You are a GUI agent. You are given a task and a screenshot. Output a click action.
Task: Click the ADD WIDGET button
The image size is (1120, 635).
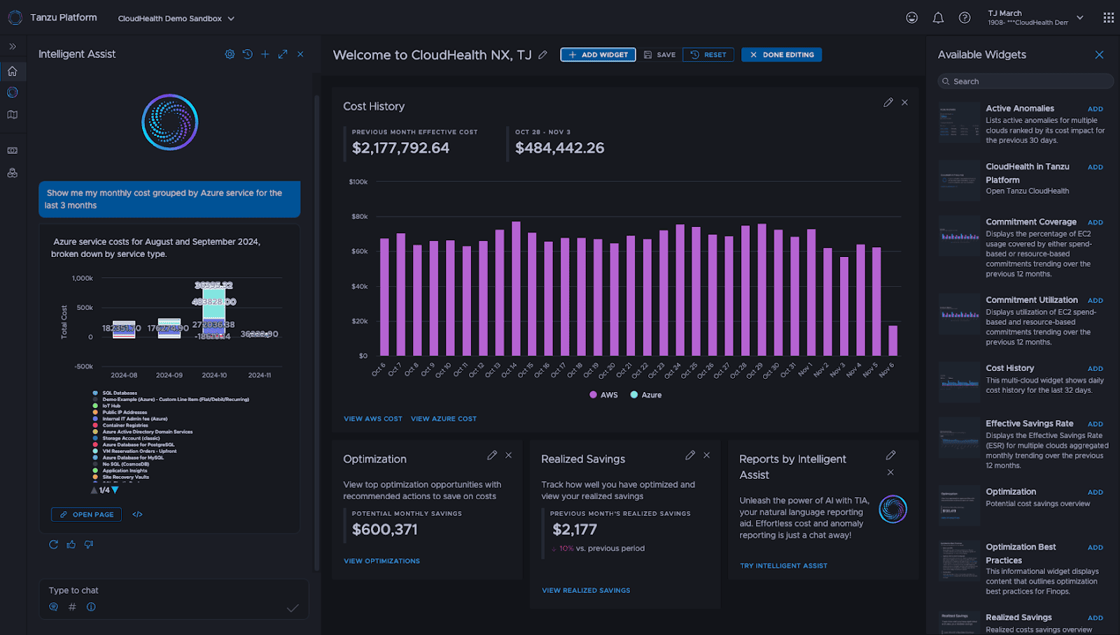pos(598,55)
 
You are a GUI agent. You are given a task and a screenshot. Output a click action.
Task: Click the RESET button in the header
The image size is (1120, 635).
pos(708,55)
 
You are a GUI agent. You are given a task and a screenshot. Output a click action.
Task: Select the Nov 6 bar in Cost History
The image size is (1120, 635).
pos(892,340)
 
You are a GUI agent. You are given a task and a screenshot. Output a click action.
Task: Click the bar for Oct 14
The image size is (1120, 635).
pos(516,288)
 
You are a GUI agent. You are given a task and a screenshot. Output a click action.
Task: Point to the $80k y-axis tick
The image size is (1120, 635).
pos(359,216)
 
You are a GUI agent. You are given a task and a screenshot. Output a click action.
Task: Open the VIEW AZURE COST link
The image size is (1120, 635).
pos(443,419)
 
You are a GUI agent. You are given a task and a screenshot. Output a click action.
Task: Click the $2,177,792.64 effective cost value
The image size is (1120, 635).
pos(400,148)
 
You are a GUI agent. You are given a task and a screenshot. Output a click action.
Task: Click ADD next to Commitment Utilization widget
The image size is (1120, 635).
pos(1095,301)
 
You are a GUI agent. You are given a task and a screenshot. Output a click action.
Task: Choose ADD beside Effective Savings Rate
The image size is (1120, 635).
pos(1095,424)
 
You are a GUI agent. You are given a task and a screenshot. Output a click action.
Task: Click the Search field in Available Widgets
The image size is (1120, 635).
pos(1025,81)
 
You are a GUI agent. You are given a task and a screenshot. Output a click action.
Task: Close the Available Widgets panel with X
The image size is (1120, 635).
pos(1099,55)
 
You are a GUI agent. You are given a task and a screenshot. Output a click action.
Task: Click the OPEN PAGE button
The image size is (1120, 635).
pos(87,515)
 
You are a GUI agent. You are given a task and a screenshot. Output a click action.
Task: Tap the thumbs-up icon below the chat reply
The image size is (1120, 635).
pos(71,544)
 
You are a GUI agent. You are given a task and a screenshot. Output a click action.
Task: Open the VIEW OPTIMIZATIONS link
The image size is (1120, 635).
pos(381,561)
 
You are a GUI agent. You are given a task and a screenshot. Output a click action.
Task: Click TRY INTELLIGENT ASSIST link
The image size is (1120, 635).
pos(783,566)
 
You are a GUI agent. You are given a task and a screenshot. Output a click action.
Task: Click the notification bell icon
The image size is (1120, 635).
pos(938,18)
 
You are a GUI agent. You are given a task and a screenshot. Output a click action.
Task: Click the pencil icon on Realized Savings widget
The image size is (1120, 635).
pos(690,455)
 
